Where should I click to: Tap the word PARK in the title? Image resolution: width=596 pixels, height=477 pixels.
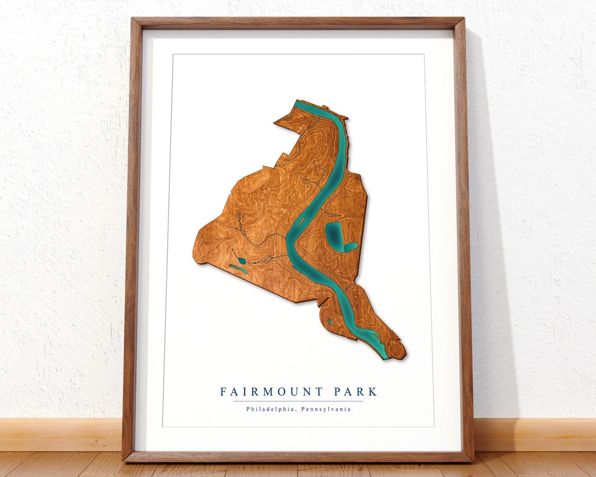[356, 392]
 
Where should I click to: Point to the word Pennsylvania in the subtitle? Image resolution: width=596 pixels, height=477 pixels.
[326, 409]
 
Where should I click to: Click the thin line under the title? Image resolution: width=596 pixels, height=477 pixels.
[299, 401]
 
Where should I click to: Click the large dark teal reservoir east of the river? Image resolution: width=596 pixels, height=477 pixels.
[335, 235]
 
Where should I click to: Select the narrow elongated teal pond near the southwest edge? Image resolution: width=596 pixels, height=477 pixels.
[238, 269]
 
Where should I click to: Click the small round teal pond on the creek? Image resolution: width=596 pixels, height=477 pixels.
[242, 261]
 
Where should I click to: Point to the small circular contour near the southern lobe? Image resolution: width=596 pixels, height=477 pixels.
[330, 321]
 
